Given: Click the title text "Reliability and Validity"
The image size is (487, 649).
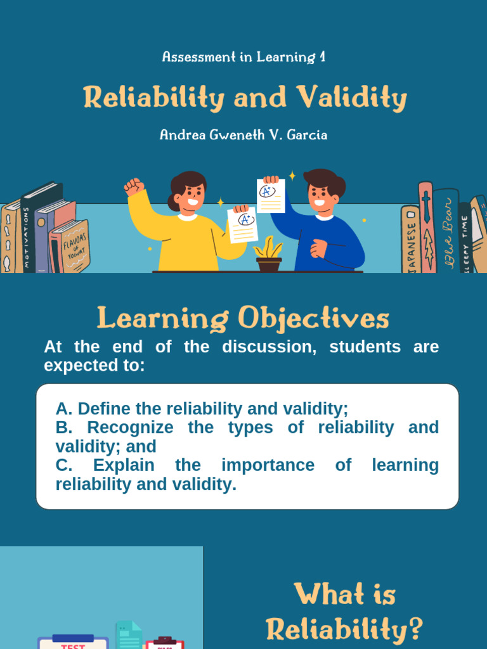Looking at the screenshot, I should (x=244, y=99).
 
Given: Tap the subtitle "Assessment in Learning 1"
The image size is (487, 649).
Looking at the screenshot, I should (x=243, y=57).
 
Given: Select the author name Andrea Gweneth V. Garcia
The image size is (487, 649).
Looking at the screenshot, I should (x=243, y=135).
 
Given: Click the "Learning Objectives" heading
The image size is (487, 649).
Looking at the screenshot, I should (x=243, y=319).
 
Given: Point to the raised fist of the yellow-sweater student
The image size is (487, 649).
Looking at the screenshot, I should (x=133, y=186).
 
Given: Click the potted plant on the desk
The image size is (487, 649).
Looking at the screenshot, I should (x=268, y=255).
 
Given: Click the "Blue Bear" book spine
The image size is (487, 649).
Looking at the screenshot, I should (x=448, y=231).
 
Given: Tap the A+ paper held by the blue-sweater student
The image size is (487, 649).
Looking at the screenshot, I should (x=270, y=195).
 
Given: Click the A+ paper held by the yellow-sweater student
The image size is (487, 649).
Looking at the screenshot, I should (x=243, y=225).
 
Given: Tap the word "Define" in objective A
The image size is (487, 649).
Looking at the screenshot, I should (x=101, y=408).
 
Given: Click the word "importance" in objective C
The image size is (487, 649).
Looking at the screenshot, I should (x=268, y=465).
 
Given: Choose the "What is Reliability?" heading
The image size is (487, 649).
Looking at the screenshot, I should (x=344, y=612).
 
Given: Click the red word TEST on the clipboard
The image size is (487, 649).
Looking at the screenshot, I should (x=72, y=646).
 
